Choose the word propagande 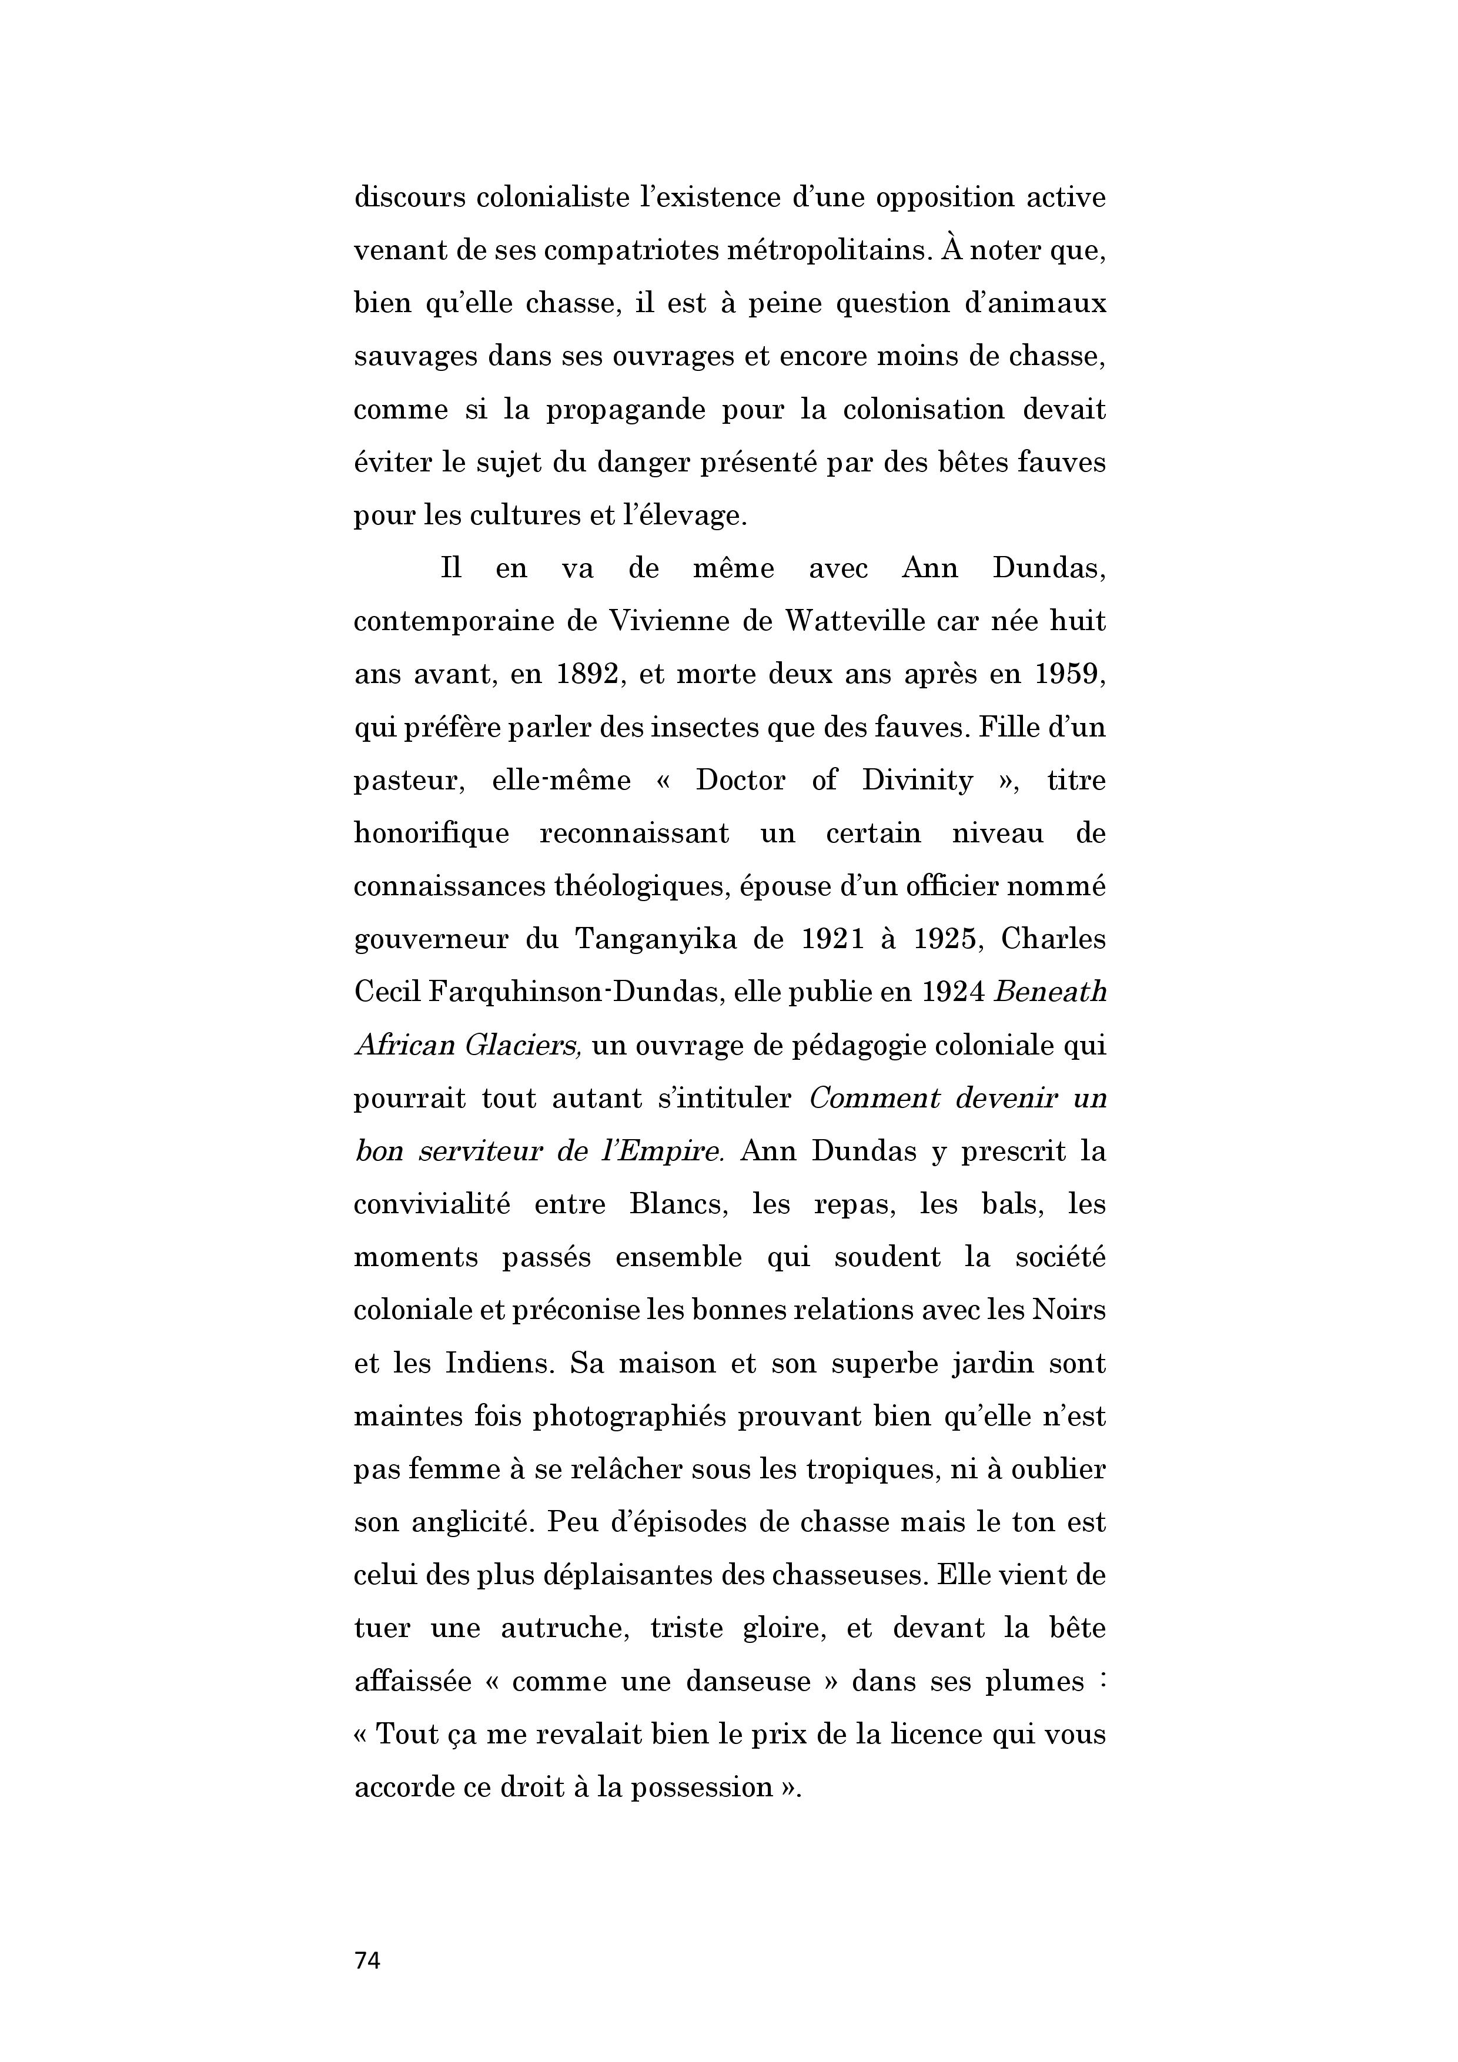[x=620, y=410]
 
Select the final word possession [x=701, y=1787]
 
